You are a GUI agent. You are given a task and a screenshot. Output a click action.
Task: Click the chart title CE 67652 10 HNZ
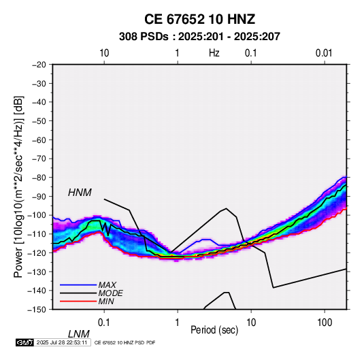(x=199, y=19)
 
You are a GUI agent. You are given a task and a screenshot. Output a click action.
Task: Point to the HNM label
(x=80, y=193)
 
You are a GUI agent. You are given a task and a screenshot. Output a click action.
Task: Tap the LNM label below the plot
(x=78, y=334)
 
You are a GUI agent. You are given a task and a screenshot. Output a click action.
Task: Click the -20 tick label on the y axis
(x=39, y=65)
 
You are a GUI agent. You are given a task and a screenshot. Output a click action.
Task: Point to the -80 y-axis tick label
(x=39, y=178)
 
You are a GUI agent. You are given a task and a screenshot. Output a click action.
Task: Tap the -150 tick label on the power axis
(x=37, y=310)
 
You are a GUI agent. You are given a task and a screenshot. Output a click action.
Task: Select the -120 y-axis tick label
(x=37, y=252)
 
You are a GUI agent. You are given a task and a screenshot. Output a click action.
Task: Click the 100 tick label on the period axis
(x=325, y=323)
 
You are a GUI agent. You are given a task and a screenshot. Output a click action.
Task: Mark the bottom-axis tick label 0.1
(x=104, y=323)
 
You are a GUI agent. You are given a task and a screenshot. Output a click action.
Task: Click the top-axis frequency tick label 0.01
(x=324, y=53)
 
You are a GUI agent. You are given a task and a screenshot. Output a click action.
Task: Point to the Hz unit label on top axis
(x=214, y=53)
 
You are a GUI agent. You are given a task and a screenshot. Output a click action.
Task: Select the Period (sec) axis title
(x=214, y=330)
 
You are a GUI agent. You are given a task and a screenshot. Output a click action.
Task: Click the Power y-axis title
(x=18, y=186)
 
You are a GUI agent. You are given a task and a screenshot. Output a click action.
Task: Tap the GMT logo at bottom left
(x=24, y=342)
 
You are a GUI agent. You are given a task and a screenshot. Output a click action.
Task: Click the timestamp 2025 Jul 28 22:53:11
(x=62, y=342)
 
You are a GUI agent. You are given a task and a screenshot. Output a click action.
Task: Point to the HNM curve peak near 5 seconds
(x=226, y=208)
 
